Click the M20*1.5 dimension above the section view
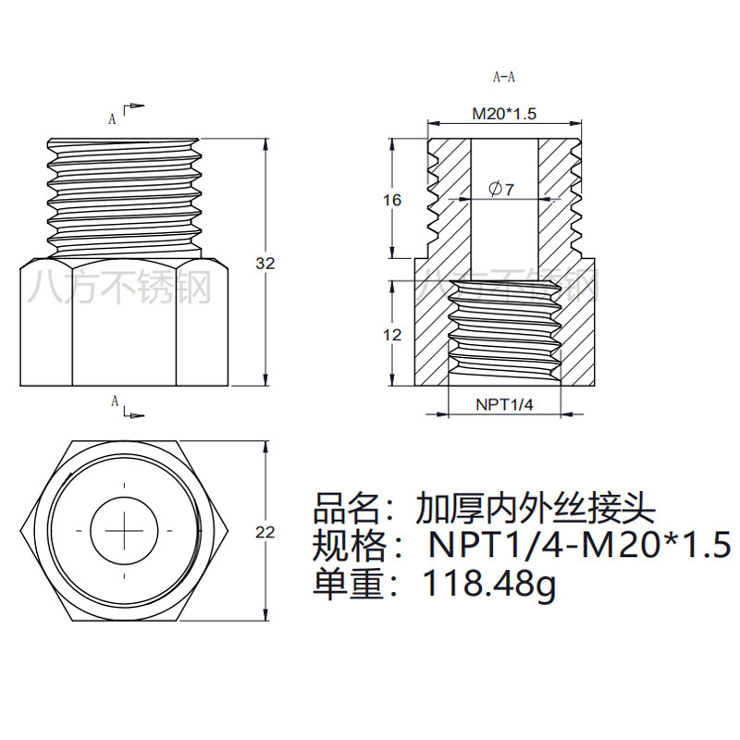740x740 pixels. point(504,114)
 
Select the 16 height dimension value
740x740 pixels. point(393,200)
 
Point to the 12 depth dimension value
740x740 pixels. point(392,334)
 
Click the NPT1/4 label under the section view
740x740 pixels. point(504,404)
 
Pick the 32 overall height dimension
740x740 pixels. point(265,264)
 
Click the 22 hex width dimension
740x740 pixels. point(265,532)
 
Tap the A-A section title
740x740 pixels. point(504,77)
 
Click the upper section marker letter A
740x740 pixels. point(113,118)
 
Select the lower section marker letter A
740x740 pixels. point(114,401)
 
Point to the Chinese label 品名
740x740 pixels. point(347,508)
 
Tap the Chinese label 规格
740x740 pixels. point(347,546)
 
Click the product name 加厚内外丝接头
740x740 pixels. point(536,508)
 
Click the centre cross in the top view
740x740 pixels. point(123,530)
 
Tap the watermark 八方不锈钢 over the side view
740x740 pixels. point(121,288)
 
